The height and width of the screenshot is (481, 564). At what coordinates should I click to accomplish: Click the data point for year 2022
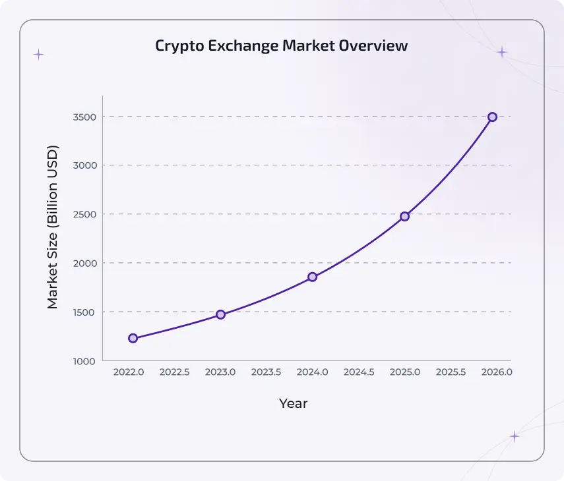133,338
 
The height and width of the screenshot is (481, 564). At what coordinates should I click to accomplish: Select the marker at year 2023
220,314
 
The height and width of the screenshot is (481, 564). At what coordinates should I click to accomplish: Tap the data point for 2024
312,277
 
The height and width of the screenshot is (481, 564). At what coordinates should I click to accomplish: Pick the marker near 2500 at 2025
404,216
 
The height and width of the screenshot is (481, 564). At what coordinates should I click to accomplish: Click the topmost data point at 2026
492,117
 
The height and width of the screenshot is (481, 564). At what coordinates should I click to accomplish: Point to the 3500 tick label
84,117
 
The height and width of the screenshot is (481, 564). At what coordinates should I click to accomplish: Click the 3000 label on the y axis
84,165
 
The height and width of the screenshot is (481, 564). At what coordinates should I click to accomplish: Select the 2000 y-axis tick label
84,263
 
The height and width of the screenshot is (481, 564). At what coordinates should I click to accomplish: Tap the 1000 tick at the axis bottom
84,361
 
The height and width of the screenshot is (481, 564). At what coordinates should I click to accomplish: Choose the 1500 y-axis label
84,312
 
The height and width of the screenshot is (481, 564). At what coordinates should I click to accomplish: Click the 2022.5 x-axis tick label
175,372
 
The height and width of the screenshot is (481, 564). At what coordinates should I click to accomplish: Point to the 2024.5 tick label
359,372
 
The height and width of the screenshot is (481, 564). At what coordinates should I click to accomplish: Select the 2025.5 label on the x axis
451,372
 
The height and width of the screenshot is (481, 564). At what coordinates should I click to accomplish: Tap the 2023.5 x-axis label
266,372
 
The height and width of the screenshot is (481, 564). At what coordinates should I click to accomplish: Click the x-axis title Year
293,403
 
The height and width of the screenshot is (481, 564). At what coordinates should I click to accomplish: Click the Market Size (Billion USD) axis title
53,227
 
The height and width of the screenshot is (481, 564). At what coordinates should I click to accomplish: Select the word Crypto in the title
177,46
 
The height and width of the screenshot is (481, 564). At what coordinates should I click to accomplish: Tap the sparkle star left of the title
38,55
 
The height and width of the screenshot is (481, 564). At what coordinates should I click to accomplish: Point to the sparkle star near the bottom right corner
515,436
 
